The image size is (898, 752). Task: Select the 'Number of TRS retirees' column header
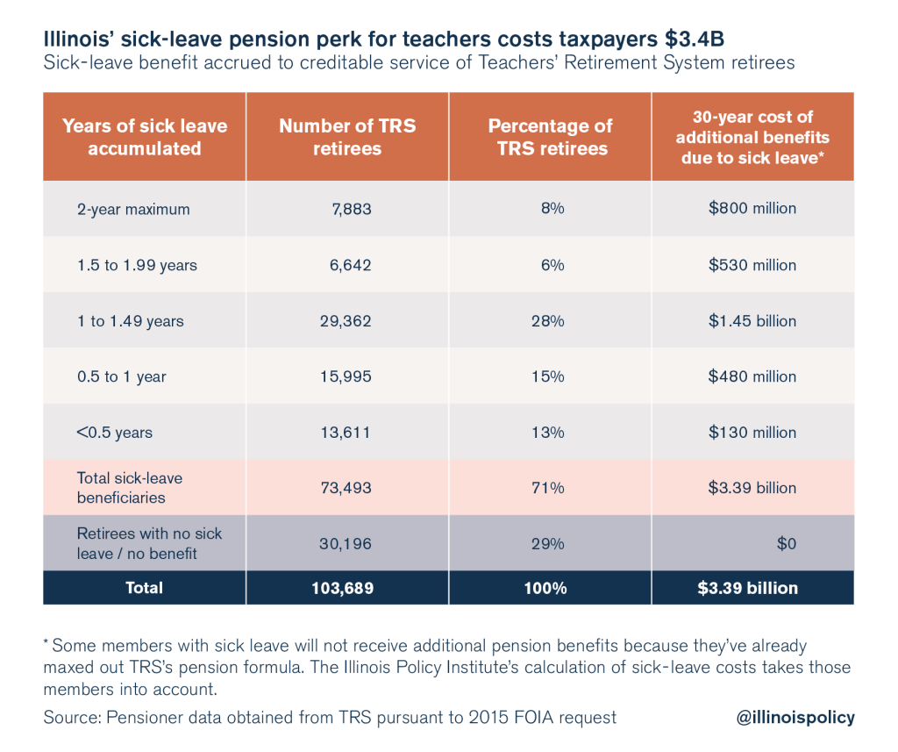[347, 137]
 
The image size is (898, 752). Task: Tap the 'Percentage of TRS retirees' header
[551, 137]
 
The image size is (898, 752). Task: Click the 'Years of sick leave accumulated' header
[145, 137]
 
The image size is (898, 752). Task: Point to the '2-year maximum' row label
[133, 209]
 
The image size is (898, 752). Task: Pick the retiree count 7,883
[348, 209]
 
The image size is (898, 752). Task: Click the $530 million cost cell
[752, 265]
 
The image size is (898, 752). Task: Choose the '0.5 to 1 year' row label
[121, 376]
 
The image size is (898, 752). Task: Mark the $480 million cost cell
[752, 376]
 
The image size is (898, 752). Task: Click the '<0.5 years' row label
[115, 433]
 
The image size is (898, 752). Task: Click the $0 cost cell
[786, 544]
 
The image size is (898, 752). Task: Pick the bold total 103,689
[341, 588]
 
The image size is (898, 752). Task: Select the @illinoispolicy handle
[795, 718]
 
